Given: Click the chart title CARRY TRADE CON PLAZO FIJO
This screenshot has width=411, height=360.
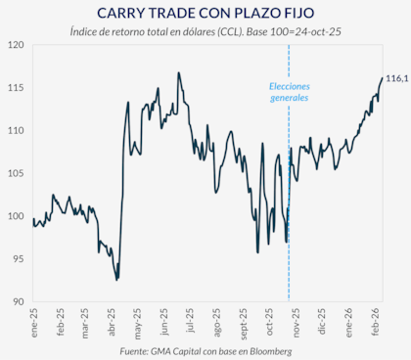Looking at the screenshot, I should pos(205,13).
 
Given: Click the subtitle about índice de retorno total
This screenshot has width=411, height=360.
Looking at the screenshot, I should pos(205,31).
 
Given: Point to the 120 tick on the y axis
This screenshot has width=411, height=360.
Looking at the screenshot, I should pos(16,45).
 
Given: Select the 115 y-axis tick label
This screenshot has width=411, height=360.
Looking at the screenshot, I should pos(16,88).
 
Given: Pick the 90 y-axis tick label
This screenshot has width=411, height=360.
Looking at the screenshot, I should pos(18,301).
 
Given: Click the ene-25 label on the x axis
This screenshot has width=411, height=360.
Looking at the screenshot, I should pos(34,321).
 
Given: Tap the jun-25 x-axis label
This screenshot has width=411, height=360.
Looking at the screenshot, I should pos(168,321).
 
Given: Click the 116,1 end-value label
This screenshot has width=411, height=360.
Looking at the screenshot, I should pos(396,77).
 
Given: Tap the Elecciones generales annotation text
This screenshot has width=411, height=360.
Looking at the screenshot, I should pos(289,92).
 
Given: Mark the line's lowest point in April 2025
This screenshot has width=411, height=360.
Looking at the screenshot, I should pos(117,280).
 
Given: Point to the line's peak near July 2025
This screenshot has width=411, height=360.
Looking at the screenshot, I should pos(178,72).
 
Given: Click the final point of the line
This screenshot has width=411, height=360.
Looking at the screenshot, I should pos(382,77).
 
